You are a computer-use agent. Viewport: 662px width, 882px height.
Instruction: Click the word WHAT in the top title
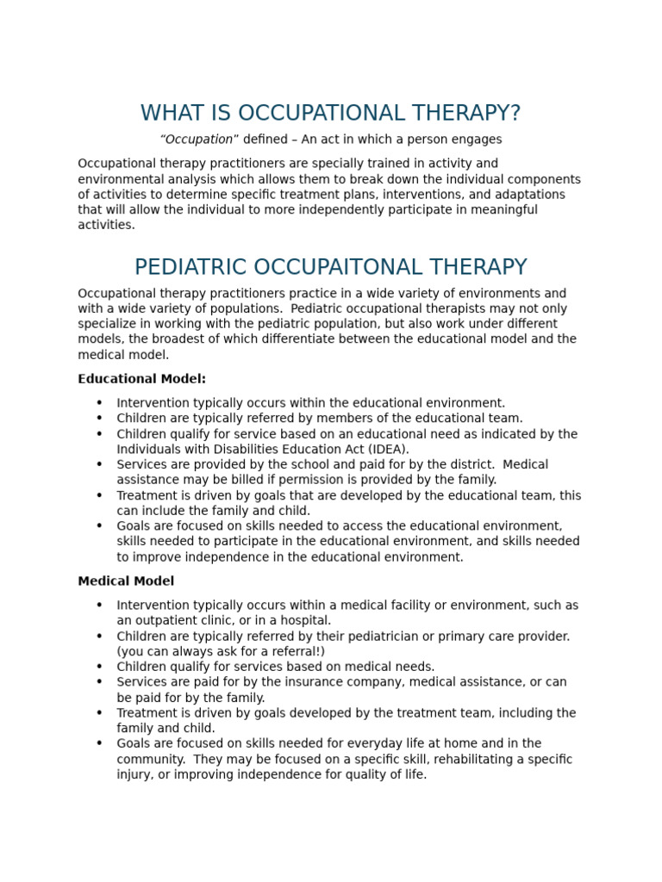click(171, 114)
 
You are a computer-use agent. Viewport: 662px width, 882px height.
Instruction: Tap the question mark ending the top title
click(515, 114)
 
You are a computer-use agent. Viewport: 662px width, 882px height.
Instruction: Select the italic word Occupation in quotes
click(199, 140)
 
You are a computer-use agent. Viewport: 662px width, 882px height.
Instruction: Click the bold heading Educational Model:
click(142, 379)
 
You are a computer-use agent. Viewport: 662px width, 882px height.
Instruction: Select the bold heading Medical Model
click(126, 581)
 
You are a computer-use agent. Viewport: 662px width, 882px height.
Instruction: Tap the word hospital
click(305, 620)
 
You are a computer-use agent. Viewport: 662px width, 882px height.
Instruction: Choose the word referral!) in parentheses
click(296, 651)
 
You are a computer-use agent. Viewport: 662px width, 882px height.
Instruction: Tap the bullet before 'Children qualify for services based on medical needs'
click(99, 667)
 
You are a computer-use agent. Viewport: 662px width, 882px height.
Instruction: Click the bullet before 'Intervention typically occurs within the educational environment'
click(99, 403)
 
